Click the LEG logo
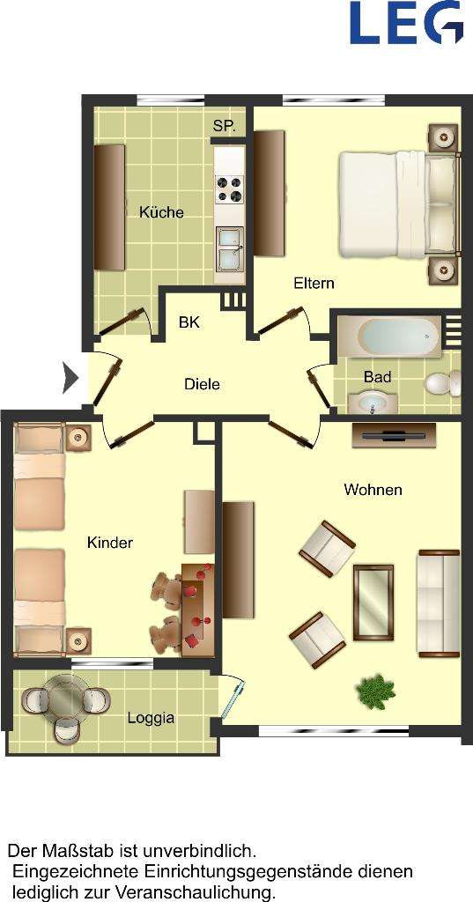point(406,22)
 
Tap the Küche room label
point(161,212)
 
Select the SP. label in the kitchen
point(224,127)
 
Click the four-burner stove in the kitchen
point(230,189)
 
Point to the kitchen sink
point(230,248)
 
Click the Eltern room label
point(314,284)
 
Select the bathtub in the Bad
point(388,336)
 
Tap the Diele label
point(202,384)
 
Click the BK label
point(189,322)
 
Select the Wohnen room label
point(373,490)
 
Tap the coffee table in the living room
point(373,602)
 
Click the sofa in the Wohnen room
point(438,603)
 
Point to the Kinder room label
point(110,543)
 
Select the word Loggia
point(151,718)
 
